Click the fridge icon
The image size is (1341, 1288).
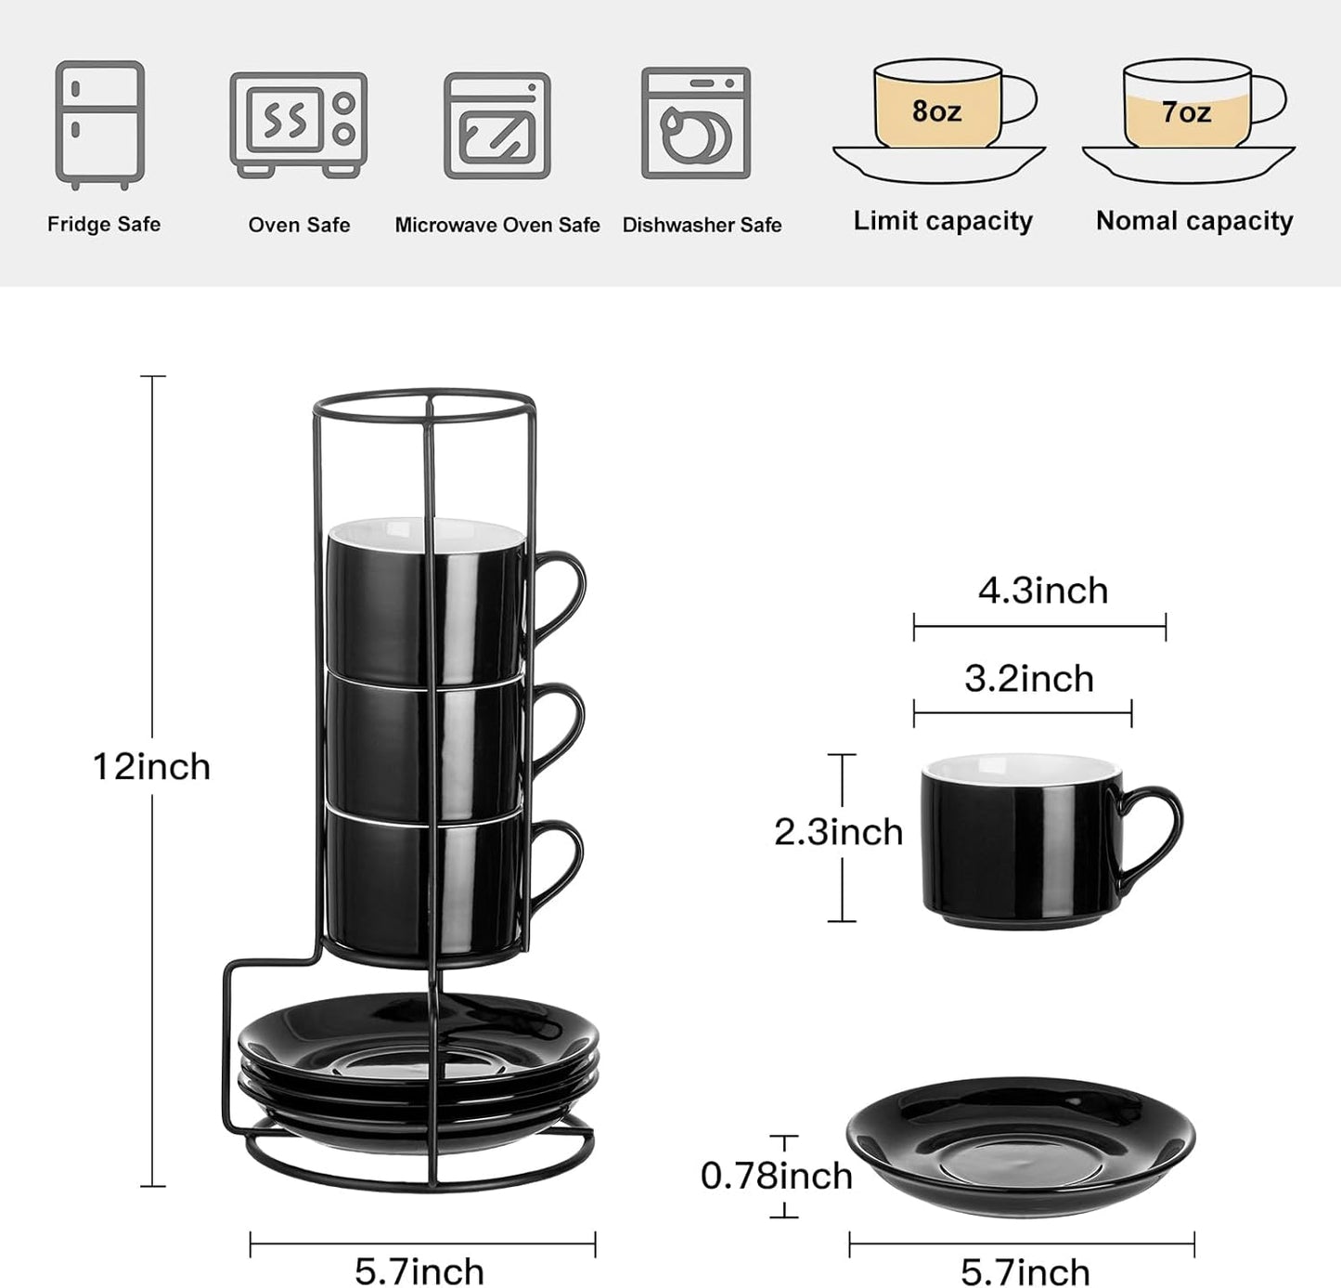(99, 124)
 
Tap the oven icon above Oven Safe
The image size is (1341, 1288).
(298, 124)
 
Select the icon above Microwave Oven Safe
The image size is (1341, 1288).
(496, 125)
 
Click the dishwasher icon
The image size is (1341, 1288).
(695, 123)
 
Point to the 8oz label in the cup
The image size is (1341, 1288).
(935, 111)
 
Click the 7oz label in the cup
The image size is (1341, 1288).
(1186, 112)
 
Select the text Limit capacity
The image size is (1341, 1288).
(943, 221)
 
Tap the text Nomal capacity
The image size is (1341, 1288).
(1194, 221)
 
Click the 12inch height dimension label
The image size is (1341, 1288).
(151, 767)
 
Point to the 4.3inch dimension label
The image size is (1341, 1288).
(1043, 591)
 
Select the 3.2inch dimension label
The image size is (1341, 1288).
(1028, 679)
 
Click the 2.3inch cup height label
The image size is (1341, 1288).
(838, 832)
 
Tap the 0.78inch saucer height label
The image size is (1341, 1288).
(776, 1176)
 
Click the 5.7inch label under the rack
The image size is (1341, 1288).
(419, 1271)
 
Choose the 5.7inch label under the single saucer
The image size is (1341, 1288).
(1025, 1271)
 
